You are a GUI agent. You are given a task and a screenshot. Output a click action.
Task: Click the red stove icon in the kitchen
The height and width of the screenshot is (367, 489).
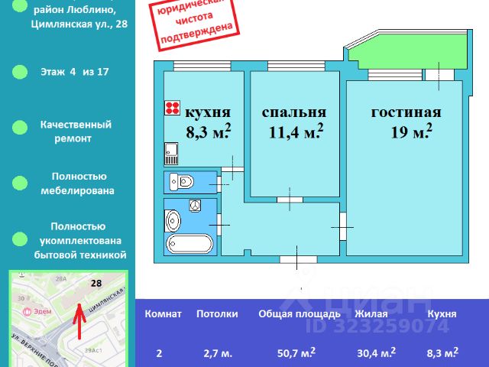(x=172, y=109)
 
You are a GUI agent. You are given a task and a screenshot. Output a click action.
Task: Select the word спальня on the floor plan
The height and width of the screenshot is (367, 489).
(x=294, y=112)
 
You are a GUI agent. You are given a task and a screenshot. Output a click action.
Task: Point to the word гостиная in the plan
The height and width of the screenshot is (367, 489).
(x=406, y=112)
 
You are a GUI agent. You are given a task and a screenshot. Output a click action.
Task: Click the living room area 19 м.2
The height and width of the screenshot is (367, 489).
(x=412, y=132)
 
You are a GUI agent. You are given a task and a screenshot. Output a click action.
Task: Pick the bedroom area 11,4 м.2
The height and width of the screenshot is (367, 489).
(x=296, y=132)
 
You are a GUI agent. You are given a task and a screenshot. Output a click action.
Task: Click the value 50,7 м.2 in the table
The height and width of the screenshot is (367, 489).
(x=294, y=352)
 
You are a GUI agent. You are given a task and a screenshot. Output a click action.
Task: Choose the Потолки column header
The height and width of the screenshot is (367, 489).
(x=217, y=313)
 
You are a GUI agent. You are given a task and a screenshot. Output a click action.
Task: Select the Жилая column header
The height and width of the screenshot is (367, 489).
(x=371, y=313)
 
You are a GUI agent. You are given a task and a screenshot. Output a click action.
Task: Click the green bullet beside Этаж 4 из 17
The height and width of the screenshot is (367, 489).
(x=18, y=72)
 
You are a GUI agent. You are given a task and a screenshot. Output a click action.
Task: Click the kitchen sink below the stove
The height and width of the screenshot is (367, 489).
(x=171, y=155)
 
